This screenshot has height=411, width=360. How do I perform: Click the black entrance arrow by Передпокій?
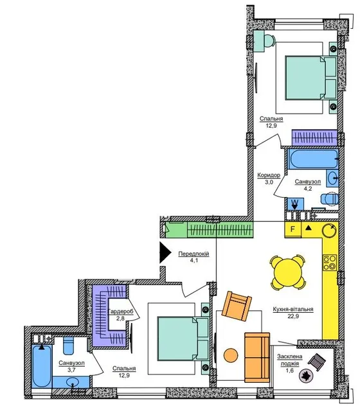165,252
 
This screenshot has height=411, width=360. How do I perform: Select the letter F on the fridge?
292,229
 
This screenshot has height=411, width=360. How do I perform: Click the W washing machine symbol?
295,204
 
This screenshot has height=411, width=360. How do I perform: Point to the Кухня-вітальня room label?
293,310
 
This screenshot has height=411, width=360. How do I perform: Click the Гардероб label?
121,311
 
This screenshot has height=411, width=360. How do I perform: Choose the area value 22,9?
293,316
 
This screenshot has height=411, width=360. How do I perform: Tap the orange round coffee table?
231,355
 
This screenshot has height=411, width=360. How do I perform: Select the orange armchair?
237,306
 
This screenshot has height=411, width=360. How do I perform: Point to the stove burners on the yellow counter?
330,263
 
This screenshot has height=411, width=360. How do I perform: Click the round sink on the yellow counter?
328,231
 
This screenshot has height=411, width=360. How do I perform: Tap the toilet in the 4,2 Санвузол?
330,199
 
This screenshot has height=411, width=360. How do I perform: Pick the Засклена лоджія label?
290,360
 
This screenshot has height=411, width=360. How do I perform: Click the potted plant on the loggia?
306,376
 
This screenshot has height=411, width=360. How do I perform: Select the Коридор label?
269,175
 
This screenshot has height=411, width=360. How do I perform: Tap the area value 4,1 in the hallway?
194,261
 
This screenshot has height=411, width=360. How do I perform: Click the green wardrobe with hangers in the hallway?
220,230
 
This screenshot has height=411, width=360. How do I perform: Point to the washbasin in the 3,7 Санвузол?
72,382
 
